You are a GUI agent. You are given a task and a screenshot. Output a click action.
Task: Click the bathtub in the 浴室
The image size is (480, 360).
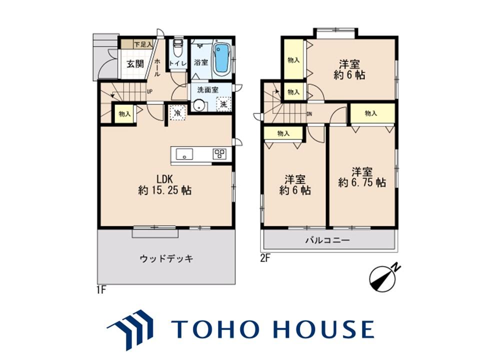click(x=221, y=58)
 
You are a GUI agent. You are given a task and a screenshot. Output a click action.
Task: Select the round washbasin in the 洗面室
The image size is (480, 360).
click(x=199, y=105)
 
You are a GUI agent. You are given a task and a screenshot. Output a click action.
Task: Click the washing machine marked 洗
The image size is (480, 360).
click(x=224, y=104)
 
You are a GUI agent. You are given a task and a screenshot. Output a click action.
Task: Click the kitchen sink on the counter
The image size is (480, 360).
click(x=184, y=154)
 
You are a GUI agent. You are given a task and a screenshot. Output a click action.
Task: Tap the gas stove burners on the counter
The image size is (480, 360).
click(x=220, y=153)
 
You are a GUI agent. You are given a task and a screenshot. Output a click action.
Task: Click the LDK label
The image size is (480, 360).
click(x=165, y=178)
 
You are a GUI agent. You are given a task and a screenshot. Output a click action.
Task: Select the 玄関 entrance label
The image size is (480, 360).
click(x=135, y=64)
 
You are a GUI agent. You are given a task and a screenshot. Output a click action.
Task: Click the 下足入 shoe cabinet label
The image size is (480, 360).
click(x=143, y=44)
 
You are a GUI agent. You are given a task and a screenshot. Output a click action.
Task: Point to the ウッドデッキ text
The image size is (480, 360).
click(x=166, y=259)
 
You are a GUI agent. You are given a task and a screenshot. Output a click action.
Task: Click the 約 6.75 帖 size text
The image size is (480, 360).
click(x=362, y=183)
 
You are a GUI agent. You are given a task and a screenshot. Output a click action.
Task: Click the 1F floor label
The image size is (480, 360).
click(x=101, y=289)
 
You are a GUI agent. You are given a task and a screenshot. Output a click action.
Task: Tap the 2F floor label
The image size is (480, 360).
click(x=265, y=258)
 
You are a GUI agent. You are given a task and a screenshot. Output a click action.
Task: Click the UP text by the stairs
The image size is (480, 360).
click(x=149, y=91)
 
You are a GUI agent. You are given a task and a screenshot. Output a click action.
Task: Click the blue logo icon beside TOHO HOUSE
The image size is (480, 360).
click(x=130, y=329)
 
